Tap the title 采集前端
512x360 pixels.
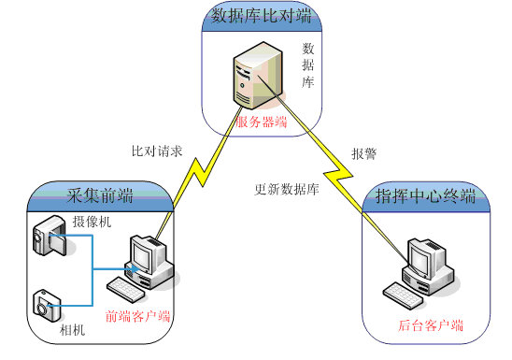click(100, 195)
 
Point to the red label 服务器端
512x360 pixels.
click(261, 122)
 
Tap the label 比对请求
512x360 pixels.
click(157, 151)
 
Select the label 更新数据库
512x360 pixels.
click(288, 189)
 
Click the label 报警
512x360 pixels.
click(364, 152)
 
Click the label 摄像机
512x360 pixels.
click(92, 222)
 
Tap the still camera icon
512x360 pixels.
click(46, 304)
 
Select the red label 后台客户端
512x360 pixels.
click(431, 325)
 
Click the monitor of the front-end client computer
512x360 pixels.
click(147, 253)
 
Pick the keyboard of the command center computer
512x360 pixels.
click(401, 292)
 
